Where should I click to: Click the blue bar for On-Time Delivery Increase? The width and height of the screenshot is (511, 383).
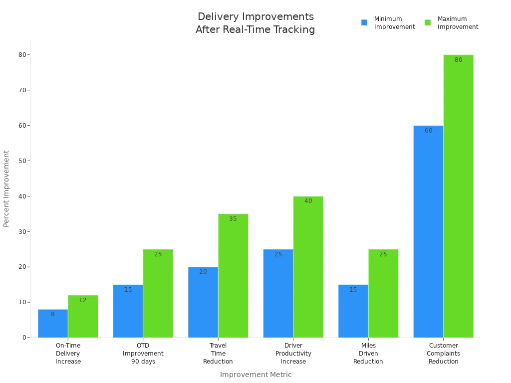53,324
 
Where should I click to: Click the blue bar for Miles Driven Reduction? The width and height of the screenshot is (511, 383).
353,311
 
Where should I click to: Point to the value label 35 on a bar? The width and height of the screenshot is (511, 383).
233,219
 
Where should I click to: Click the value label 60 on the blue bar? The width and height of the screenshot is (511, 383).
429,131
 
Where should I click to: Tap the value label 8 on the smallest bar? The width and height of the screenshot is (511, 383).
53,314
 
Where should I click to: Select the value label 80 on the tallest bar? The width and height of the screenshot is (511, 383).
458,60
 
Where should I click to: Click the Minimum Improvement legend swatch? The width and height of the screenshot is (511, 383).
364,22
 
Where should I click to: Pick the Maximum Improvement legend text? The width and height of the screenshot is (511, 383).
458,23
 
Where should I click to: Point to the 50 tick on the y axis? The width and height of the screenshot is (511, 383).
22,161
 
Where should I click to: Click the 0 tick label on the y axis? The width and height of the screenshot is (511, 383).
23,338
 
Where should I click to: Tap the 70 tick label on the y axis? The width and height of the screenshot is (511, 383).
22,90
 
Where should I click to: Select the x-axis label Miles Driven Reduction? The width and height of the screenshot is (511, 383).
368,353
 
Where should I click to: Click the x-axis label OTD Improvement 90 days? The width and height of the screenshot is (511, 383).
143,353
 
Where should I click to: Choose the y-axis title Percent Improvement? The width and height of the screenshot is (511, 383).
6,189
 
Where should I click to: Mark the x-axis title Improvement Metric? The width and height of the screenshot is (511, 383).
255,375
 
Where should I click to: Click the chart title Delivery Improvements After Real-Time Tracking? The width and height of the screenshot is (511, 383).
255,23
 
